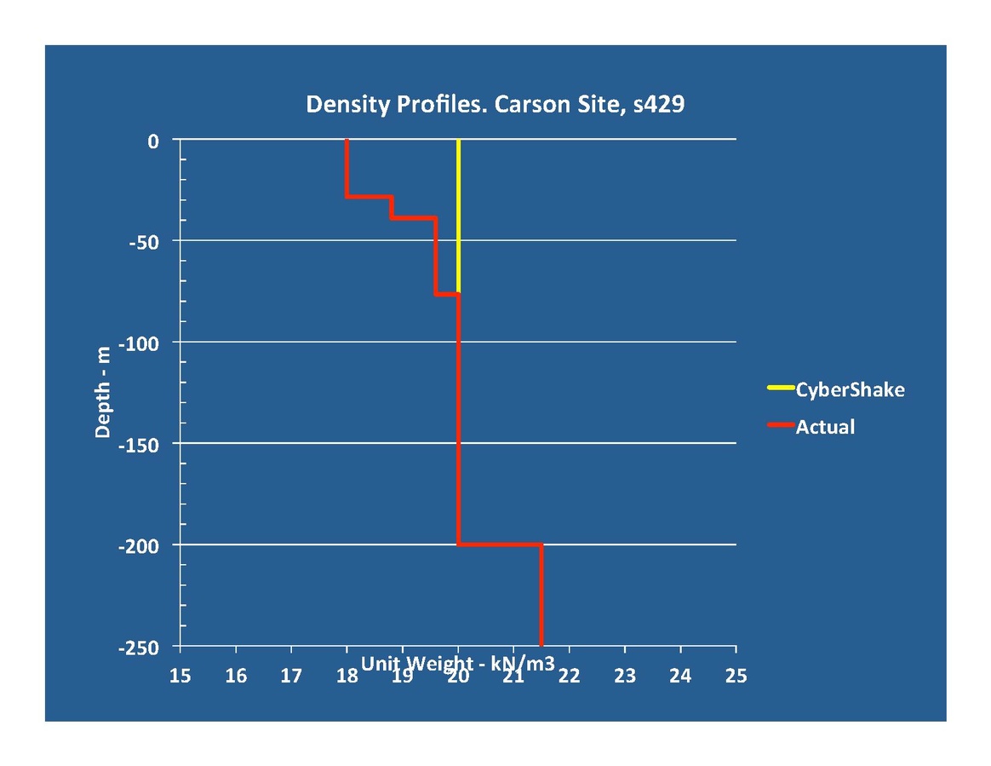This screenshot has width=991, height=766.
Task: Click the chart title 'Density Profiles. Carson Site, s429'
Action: pyautogui.click(x=495, y=105)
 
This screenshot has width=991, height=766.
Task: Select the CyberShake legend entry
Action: pyautogui.click(x=849, y=390)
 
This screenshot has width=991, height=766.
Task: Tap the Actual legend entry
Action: pyautogui.click(x=824, y=427)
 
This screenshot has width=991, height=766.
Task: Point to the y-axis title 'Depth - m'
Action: pyautogui.click(x=103, y=394)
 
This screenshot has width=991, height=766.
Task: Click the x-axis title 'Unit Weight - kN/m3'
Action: pyautogui.click(x=458, y=664)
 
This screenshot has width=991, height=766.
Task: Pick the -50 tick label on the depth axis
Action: pyautogui.click(x=142, y=241)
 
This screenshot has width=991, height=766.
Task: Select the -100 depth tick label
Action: pyautogui.click(x=138, y=343)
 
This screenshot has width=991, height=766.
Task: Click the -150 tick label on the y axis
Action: pyautogui.click(x=138, y=444)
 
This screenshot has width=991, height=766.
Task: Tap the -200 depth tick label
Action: pyautogui.click(x=138, y=545)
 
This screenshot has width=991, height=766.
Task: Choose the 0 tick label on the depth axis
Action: pyautogui.click(x=153, y=141)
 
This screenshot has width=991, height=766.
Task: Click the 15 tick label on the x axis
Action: pyautogui.click(x=180, y=677)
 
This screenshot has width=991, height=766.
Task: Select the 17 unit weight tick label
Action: pyautogui.click(x=291, y=677)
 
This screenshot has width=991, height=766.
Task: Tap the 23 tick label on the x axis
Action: pyautogui.click(x=625, y=677)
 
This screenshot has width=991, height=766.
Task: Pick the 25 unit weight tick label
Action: pyautogui.click(x=736, y=677)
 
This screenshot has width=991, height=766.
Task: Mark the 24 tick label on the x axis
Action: pyautogui.click(x=680, y=677)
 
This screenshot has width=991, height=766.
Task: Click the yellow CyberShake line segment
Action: pyautogui.click(x=458, y=213)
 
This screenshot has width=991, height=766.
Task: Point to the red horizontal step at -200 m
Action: pyautogui.click(x=500, y=544)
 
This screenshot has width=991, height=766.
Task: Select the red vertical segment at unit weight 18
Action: pyautogui.click(x=347, y=168)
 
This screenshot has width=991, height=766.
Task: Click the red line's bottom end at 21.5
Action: pyautogui.click(x=541, y=643)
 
